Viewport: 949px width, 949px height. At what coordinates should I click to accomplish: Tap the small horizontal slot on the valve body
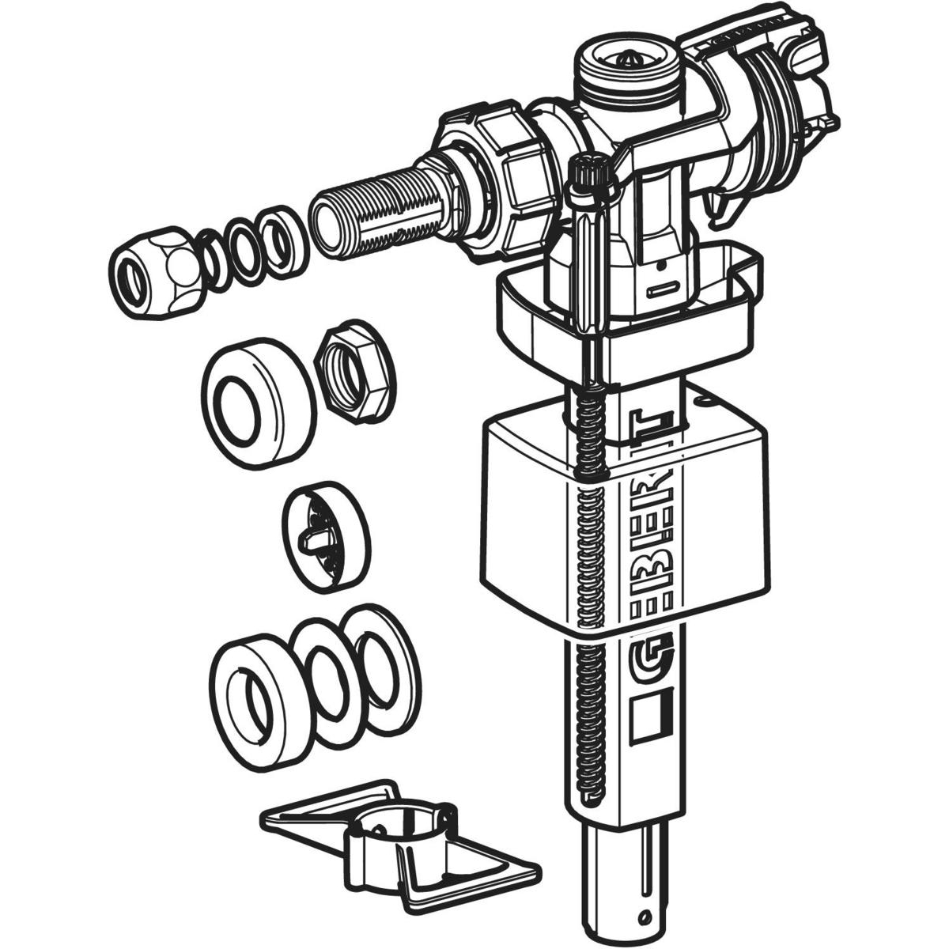[x=666, y=291]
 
